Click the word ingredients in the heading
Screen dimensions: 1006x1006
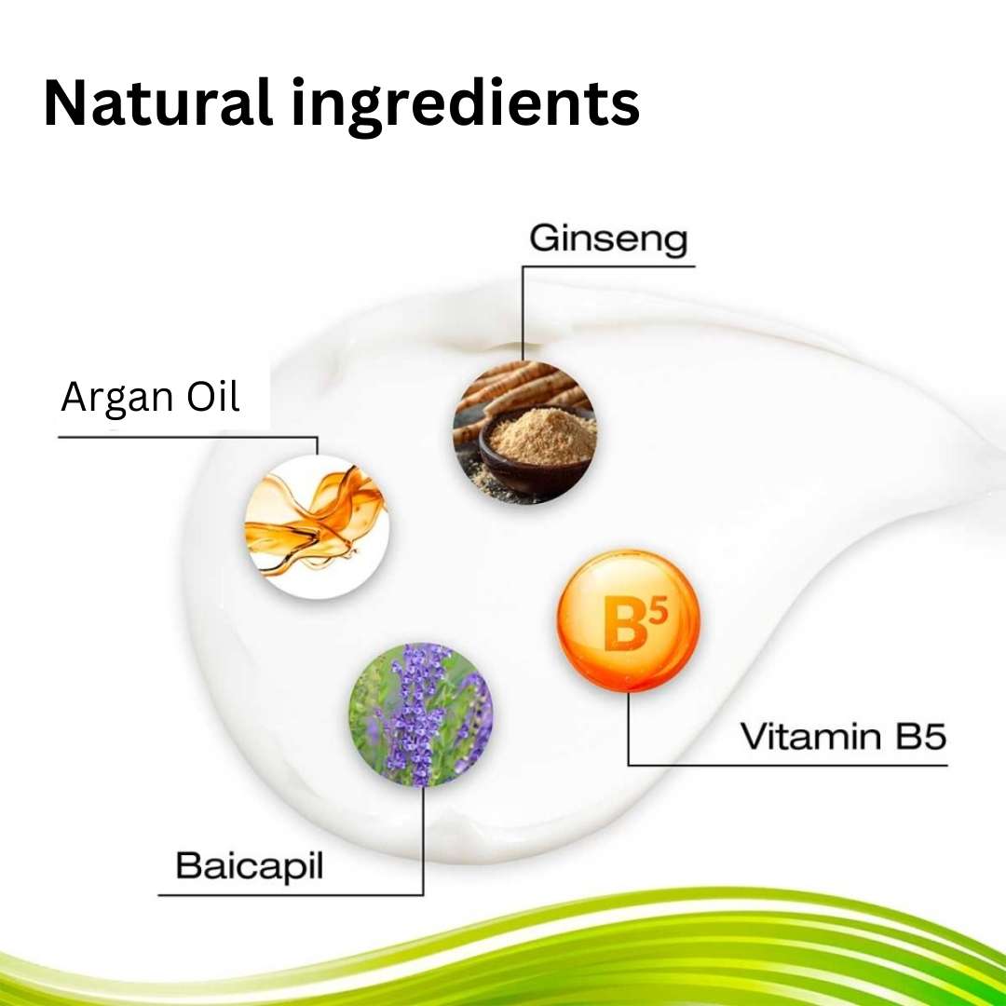(x=465, y=103)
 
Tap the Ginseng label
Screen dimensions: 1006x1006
(x=608, y=238)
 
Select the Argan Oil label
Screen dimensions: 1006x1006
(x=150, y=398)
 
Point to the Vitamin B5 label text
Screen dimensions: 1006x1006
(x=843, y=737)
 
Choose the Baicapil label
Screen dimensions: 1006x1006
(x=249, y=866)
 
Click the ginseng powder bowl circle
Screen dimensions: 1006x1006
(x=523, y=432)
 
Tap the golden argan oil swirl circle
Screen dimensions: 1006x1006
(x=316, y=527)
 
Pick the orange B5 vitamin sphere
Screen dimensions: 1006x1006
(x=628, y=620)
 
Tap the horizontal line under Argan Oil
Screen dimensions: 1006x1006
(x=186, y=437)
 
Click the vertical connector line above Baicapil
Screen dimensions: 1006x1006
(x=423, y=838)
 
